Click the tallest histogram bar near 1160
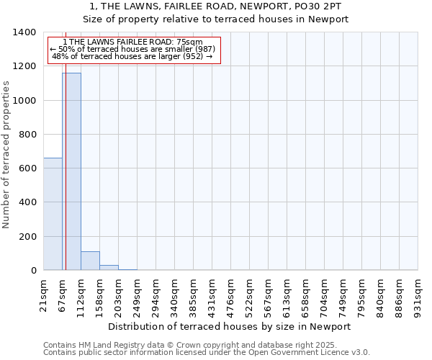pyautogui.click(x=71, y=171)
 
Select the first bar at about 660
pyautogui.click(x=53, y=214)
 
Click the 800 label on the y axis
pyautogui.click(x=29, y=135)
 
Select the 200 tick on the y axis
pyautogui.click(x=29, y=237)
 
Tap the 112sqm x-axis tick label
pyautogui.click(x=81, y=293)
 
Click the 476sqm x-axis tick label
pyautogui.click(x=230, y=293)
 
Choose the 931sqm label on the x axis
pyautogui.click(x=418, y=293)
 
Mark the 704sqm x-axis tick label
pyautogui.click(x=324, y=293)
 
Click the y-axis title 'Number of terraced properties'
pyautogui.click(x=6, y=155)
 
